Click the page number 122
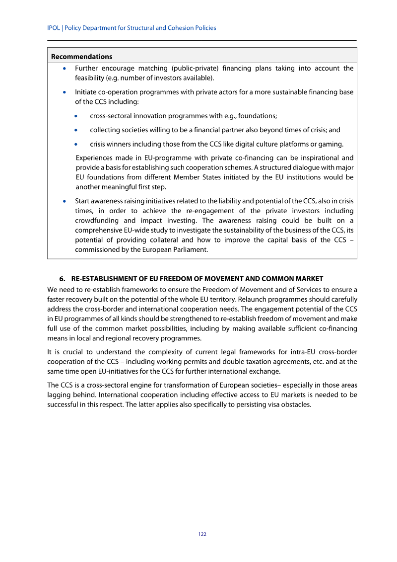coord(202,534)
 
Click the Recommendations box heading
coord(81,57)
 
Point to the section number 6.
coord(62,278)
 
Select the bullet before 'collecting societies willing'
coord(76,130)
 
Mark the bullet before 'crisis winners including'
coord(76,145)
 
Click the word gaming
coord(331,144)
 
